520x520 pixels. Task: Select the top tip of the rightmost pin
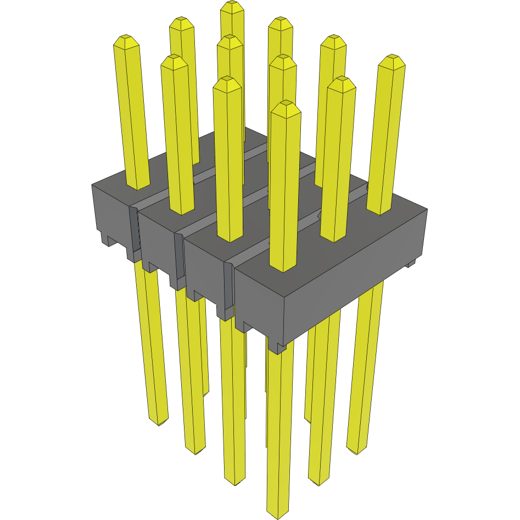click(392, 58)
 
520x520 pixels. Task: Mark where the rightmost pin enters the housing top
click(379, 212)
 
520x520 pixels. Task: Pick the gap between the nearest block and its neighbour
click(228, 286)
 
